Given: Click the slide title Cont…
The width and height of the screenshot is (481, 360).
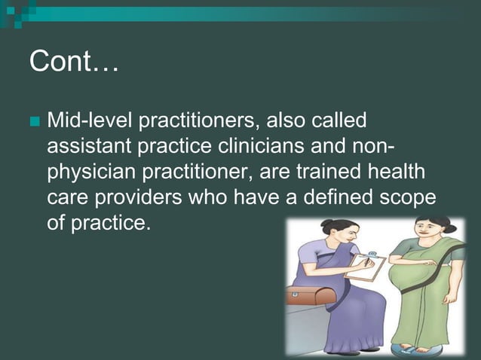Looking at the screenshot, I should click(73, 63).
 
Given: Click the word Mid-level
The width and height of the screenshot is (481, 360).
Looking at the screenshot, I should click(82, 121).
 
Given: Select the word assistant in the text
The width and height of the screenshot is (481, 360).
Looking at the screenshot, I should click(85, 147).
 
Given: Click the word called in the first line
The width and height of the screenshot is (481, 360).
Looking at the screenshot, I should click(334, 121).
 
